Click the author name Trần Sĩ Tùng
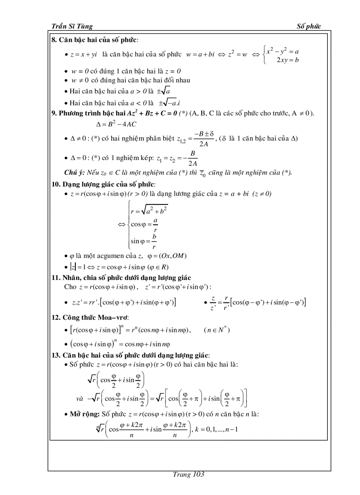point(72,26)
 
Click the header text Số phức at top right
point(309,26)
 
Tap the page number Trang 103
point(188,474)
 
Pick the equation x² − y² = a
point(283,51)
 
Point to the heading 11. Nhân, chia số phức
point(121,277)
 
